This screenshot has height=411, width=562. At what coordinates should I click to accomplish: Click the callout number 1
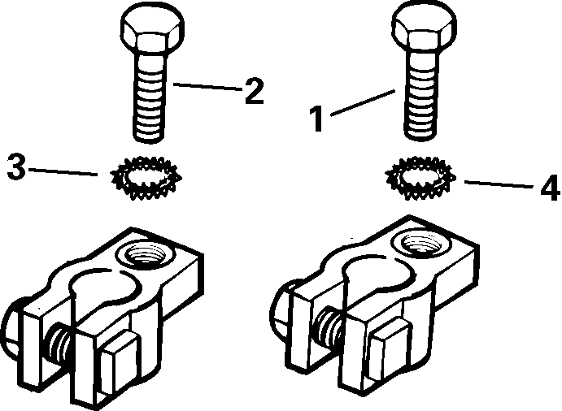click(x=318, y=119)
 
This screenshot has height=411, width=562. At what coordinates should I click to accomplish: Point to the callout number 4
click(x=549, y=188)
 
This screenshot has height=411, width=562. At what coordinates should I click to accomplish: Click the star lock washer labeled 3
click(x=146, y=175)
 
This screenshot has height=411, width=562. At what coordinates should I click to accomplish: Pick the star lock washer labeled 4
click(x=420, y=176)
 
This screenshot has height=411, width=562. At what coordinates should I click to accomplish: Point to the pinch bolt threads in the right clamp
click(x=330, y=324)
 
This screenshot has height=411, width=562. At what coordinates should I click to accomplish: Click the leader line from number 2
click(x=204, y=85)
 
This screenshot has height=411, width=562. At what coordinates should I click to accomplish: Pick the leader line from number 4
click(x=496, y=184)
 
